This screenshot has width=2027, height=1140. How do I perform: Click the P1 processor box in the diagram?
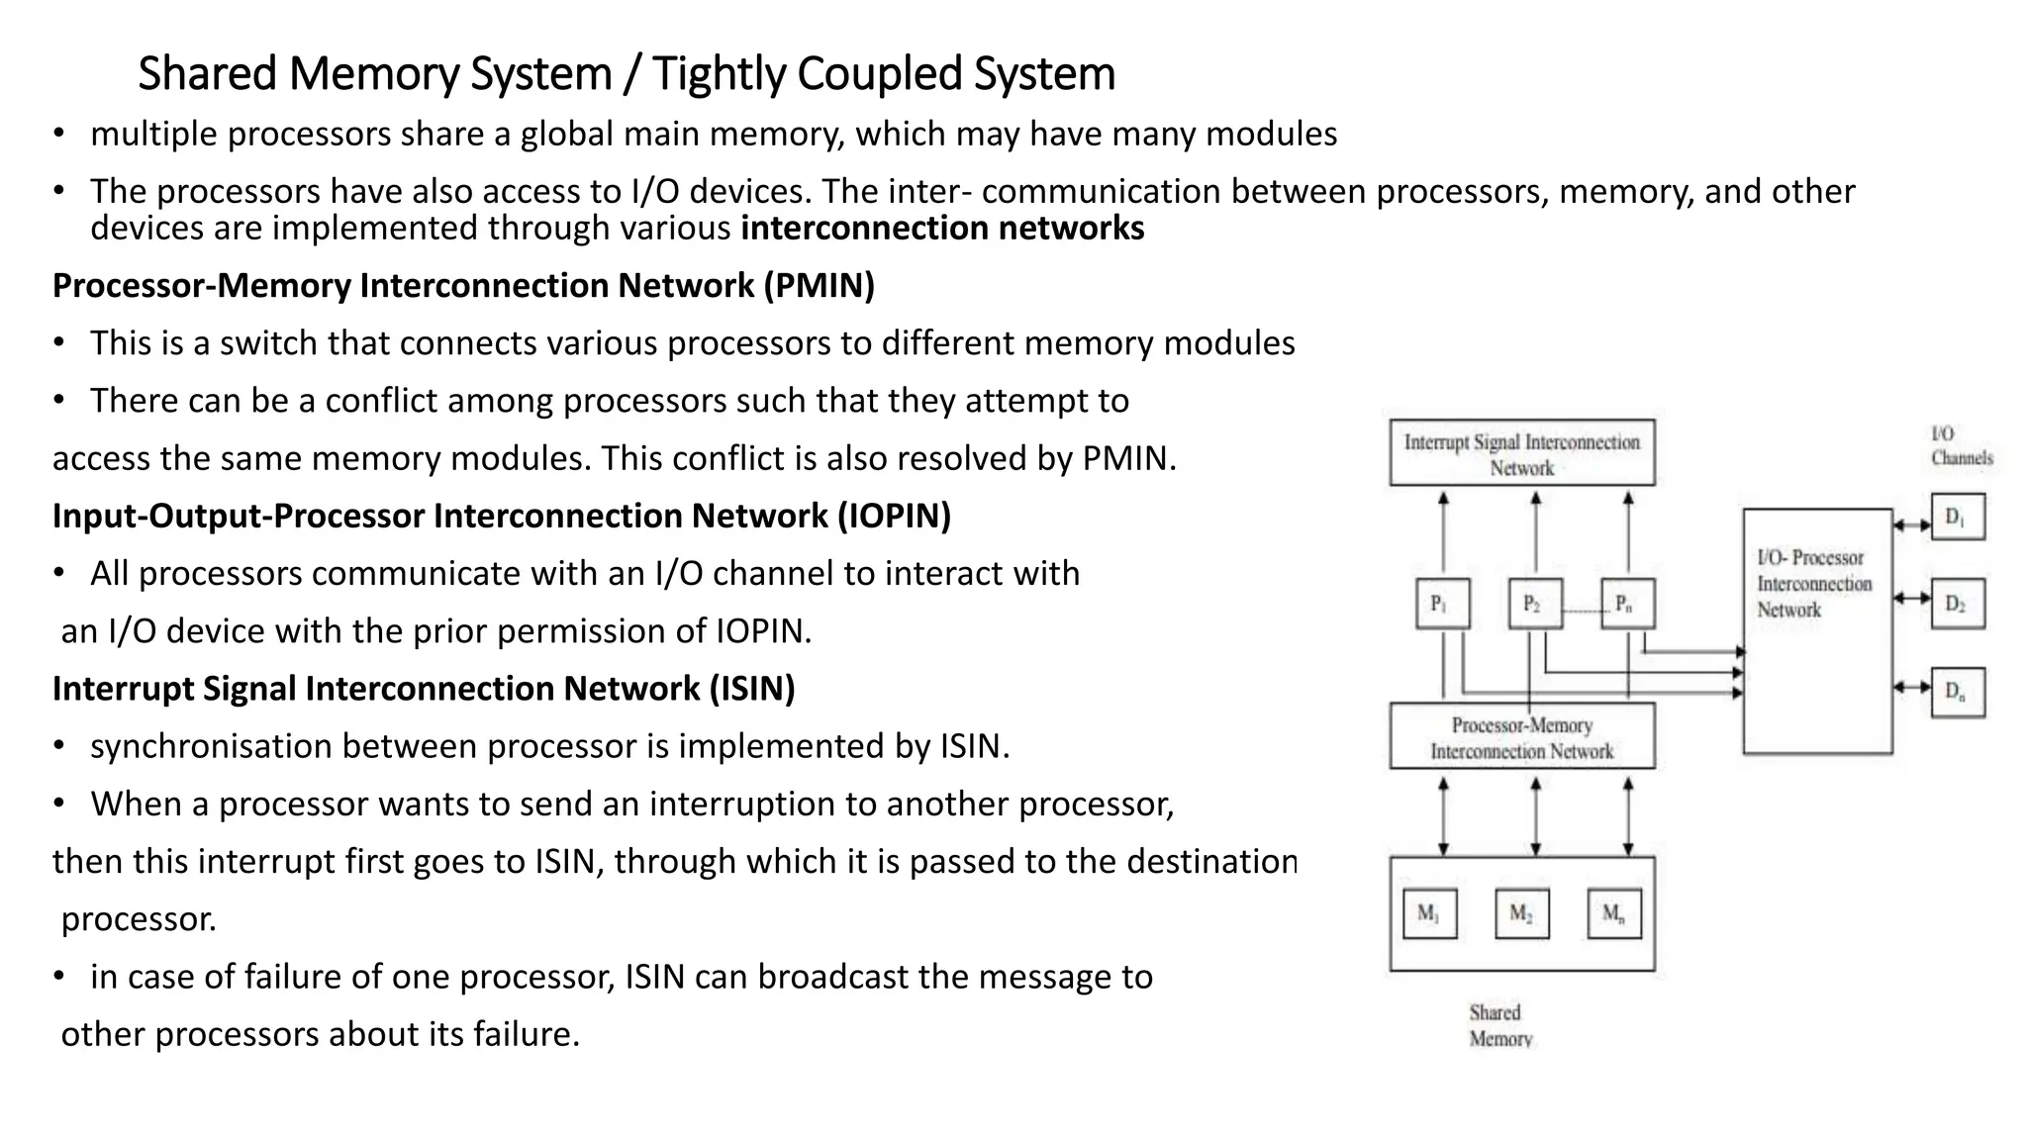click(x=1442, y=604)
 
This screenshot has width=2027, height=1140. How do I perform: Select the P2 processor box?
click(x=1535, y=604)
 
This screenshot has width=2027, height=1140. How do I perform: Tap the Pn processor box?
click(x=1627, y=604)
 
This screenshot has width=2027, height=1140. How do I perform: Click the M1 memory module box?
click(x=1429, y=914)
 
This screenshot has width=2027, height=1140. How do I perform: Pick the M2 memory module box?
click(x=1522, y=914)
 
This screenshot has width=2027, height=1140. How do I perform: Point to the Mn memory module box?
click(x=1614, y=914)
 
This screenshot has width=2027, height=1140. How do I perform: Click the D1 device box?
click(x=1958, y=518)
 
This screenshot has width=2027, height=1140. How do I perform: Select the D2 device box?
click(x=1958, y=604)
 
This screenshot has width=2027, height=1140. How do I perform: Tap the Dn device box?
click(x=1958, y=691)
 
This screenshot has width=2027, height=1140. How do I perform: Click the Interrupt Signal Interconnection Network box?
click(x=1522, y=453)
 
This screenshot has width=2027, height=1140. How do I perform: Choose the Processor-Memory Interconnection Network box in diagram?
click(x=1522, y=737)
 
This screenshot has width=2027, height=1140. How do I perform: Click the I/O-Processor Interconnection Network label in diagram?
click(x=1814, y=584)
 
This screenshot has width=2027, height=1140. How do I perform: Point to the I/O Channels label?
click(x=1961, y=446)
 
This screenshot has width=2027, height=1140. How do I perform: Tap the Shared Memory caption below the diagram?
click(x=1499, y=1025)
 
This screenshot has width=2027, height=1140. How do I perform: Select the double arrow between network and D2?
click(x=1912, y=599)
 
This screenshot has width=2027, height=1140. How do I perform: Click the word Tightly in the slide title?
click(x=720, y=74)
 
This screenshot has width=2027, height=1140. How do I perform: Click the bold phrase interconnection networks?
click(x=941, y=229)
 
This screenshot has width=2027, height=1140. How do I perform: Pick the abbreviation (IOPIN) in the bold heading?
click(x=894, y=517)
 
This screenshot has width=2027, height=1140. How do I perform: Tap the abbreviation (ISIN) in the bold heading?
click(x=751, y=689)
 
